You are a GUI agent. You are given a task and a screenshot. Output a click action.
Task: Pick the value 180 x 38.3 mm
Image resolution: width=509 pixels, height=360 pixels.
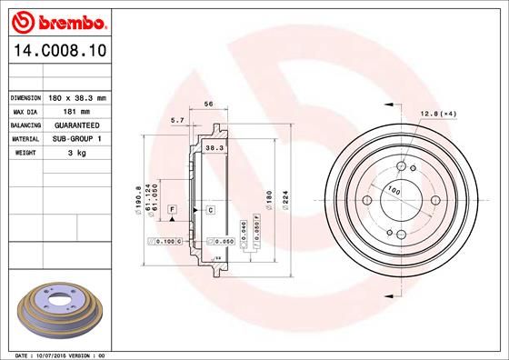(77, 96)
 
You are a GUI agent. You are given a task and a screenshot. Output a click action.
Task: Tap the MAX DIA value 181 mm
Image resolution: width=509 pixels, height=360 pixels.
(77, 110)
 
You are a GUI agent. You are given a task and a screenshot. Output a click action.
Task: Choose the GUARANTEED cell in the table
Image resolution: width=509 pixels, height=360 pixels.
(77, 125)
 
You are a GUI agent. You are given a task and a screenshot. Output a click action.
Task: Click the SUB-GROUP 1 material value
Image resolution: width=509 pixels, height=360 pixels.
(77, 138)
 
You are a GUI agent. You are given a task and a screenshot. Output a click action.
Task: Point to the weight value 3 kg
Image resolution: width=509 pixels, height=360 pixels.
(77, 153)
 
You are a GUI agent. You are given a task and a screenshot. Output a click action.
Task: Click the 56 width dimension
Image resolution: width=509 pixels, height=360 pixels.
(208, 105)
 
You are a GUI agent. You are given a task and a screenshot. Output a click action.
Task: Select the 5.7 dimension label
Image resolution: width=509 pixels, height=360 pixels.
(177, 119)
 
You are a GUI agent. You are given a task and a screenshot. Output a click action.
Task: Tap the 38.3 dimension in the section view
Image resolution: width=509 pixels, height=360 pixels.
(215, 147)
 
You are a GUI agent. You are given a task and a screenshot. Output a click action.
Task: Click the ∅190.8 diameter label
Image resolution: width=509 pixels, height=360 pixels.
(138, 197)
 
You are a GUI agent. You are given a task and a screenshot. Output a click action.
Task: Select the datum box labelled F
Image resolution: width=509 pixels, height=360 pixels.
(170, 210)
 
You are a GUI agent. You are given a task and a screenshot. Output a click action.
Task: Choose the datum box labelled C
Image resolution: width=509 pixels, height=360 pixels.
(210, 210)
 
